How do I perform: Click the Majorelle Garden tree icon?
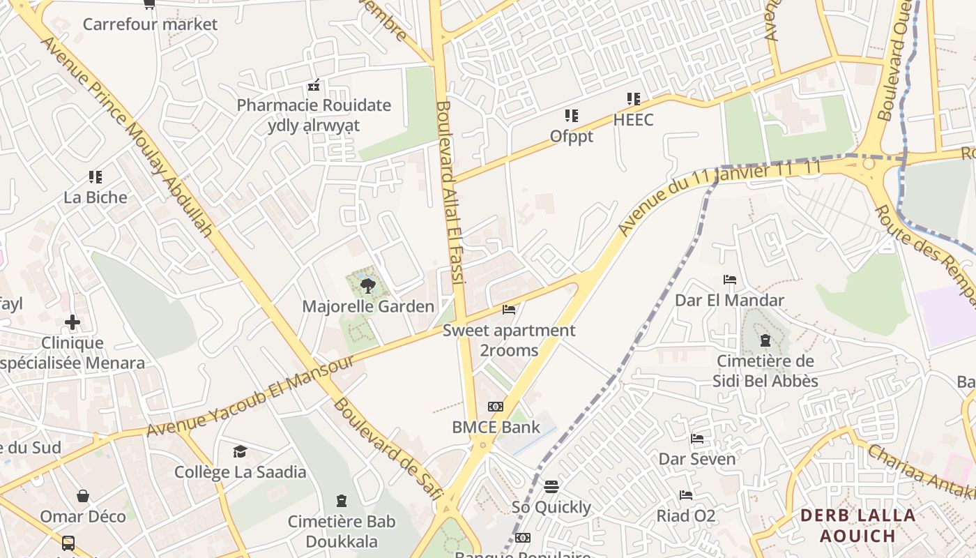pyautogui.click(x=367, y=285)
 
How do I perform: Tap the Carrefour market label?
pyautogui.click(x=150, y=24)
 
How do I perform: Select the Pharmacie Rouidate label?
pyautogui.click(x=314, y=105)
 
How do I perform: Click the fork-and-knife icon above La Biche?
pyautogui.click(x=96, y=177)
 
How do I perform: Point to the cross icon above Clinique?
pyautogui.click(x=73, y=322)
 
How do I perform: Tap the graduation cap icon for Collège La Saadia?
pyautogui.click(x=240, y=451)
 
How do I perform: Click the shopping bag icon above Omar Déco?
pyautogui.click(x=83, y=496)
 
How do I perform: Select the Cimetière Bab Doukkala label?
pyautogui.click(x=342, y=531)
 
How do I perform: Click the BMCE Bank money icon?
pyautogui.click(x=496, y=407)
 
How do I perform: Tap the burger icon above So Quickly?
pyautogui.click(x=551, y=486)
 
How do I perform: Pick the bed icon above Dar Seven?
pyautogui.click(x=696, y=439)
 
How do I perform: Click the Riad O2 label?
pyautogui.click(x=686, y=516)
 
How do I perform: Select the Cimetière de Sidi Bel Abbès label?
pyautogui.click(x=765, y=371)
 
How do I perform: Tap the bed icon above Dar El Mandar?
pyautogui.click(x=730, y=280)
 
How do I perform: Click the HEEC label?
pyautogui.click(x=633, y=120)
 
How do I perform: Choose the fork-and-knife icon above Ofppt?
pyautogui.click(x=572, y=116)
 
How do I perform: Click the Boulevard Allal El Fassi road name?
pyautogui.click(x=449, y=192)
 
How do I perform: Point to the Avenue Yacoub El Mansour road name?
pyautogui.click(x=251, y=397)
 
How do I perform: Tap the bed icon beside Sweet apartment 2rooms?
pyautogui.click(x=509, y=309)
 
